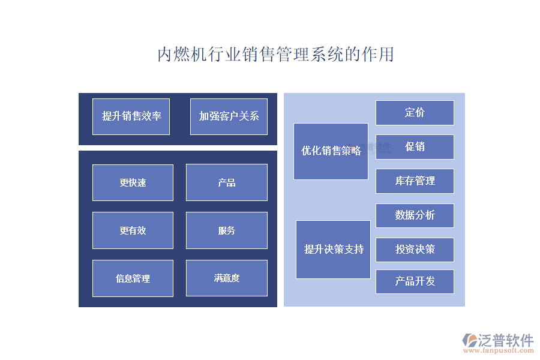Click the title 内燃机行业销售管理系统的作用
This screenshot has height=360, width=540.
pos(275,55)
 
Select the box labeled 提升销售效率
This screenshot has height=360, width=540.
pos(131,116)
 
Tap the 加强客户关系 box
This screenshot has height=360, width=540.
pos(229,116)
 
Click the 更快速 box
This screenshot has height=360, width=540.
pos(133,182)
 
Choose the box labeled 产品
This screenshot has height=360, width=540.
pos(226,182)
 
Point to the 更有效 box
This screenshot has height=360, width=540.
pos(133,230)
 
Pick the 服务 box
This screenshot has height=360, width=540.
pos(226,230)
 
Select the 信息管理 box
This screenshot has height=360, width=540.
pos(133,278)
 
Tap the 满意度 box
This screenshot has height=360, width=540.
pos(226,278)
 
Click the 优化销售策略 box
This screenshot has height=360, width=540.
pos(331,151)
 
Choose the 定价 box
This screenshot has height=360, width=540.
pos(415,113)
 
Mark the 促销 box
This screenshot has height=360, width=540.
pos(415,147)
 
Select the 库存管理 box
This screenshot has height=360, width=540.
pos(415,181)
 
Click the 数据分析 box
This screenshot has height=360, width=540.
pos(415,215)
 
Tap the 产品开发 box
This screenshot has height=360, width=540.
pos(415,281)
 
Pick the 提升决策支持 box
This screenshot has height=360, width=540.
pos(333,250)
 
